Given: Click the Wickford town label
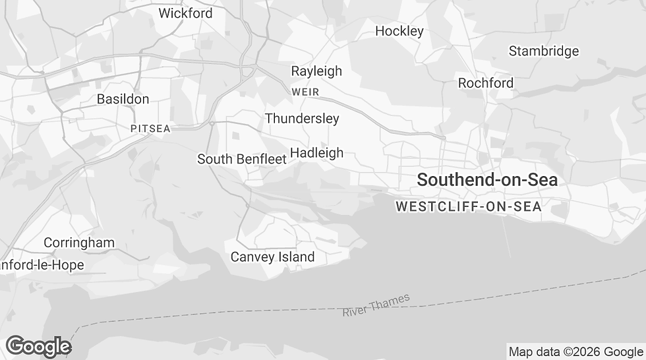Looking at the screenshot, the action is pos(185,13).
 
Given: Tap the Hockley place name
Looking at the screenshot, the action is pos(399,31).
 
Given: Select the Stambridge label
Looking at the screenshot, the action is pos(543,51).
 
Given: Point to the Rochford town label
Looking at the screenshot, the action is pos(485,83).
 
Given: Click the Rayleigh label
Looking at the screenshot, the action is pos(316,71).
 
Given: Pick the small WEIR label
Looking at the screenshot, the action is pos(305,92).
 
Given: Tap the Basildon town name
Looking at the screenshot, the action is pos(123,99).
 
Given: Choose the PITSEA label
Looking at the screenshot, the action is pos(150,129).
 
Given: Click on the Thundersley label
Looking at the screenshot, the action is pos(302,119).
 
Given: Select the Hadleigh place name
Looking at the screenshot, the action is pos(316,153).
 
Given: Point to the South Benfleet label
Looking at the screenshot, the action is pos(242,159).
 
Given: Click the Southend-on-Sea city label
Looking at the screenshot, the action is pos(487,179).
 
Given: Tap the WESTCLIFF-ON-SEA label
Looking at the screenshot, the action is pos(468,206).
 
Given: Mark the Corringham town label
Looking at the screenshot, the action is pos(79,243).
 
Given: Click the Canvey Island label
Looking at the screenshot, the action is pos(272,256).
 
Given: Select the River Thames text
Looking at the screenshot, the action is pos(376,305).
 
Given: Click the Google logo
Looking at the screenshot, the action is pos(38,346).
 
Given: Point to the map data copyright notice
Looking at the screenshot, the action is pos(575,351).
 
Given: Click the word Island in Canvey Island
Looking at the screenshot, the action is pos(295,256).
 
